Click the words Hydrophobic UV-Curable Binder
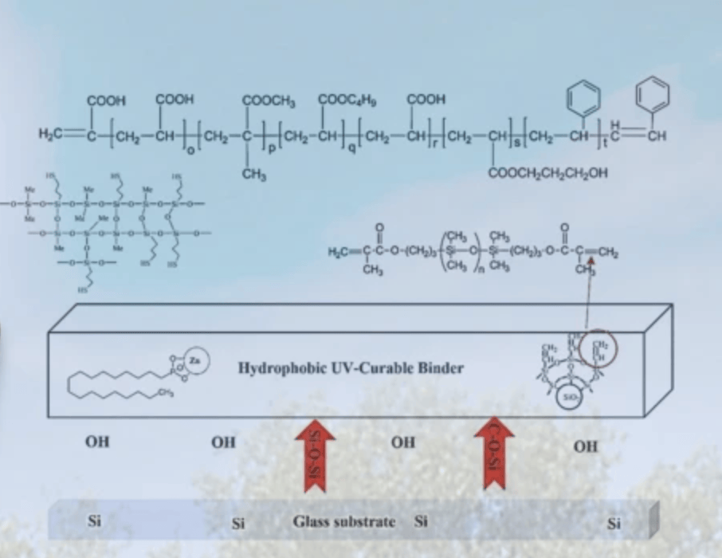(351, 368)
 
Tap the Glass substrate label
(343, 522)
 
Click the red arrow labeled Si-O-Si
(315, 458)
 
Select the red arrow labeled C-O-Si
(494, 456)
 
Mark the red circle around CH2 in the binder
(602, 351)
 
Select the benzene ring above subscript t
(583, 97)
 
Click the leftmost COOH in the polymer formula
(106, 100)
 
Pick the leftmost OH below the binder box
(97, 441)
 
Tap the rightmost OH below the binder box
(585, 446)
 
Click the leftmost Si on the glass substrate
(94, 522)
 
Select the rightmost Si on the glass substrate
(614, 524)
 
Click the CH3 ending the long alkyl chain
(167, 392)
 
